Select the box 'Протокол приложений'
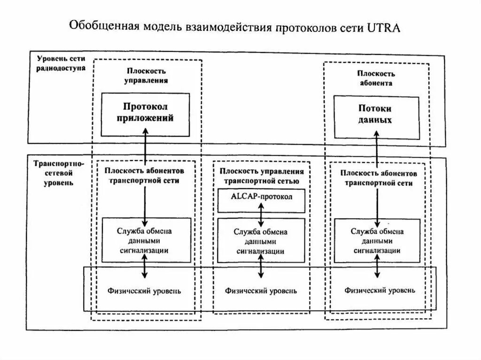[x=145, y=114]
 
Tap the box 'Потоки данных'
[x=376, y=117]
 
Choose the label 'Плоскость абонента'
[x=376, y=78]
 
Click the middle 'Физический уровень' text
[x=261, y=291]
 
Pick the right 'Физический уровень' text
[x=380, y=291]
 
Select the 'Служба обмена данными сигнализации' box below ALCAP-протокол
[x=261, y=240]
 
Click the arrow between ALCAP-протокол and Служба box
[x=261, y=215]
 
